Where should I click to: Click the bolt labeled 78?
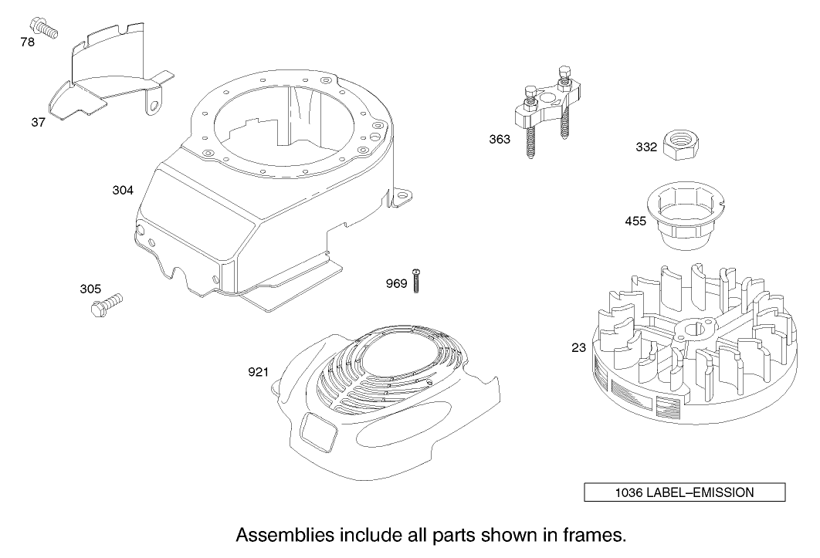[x=44, y=27]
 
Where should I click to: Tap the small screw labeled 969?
[x=416, y=280]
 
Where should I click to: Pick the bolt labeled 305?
[x=107, y=304]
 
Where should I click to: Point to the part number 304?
[x=123, y=191]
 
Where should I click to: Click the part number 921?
[x=259, y=372]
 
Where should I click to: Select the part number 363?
[x=500, y=139]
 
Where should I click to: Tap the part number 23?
[x=579, y=348]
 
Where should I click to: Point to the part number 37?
[x=38, y=123]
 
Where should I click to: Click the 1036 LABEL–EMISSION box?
[x=685, y=492]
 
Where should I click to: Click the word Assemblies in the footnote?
[x=285, y=536]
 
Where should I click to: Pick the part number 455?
[x=636, y=222]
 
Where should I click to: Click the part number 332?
[x=646, y=147]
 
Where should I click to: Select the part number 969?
[x=396, y=283]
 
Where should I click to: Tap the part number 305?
[x=90, y=289]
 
